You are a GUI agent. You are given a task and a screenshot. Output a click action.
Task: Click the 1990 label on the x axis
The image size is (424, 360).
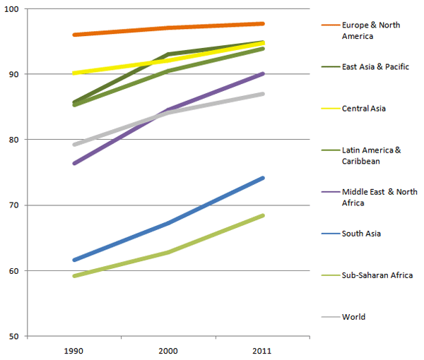click(74, 350)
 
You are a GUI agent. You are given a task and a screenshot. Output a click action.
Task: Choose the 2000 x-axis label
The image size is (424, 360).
click(168, 350)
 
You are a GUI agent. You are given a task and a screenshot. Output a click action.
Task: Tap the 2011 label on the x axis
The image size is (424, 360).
click(262, 350)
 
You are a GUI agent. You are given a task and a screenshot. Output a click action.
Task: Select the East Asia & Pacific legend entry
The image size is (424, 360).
click(375, 67)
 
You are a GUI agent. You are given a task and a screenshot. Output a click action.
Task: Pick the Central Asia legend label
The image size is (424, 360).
click(363, 108)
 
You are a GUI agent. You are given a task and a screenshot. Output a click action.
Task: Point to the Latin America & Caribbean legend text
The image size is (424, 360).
click(372, 155)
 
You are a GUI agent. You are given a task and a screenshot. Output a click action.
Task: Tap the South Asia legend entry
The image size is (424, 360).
click(362, 234)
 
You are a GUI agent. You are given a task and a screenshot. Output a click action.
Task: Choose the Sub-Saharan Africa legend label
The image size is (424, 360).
click(377, 275)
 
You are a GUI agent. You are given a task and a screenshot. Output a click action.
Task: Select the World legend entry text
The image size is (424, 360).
click(353, 317)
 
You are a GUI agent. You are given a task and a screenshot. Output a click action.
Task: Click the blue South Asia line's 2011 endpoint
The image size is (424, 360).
click(262, 178)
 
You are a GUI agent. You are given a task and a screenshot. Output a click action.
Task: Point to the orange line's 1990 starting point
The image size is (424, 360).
click(74, 35)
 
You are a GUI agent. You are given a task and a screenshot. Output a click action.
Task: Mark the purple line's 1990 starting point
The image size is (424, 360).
click(74, 164)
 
